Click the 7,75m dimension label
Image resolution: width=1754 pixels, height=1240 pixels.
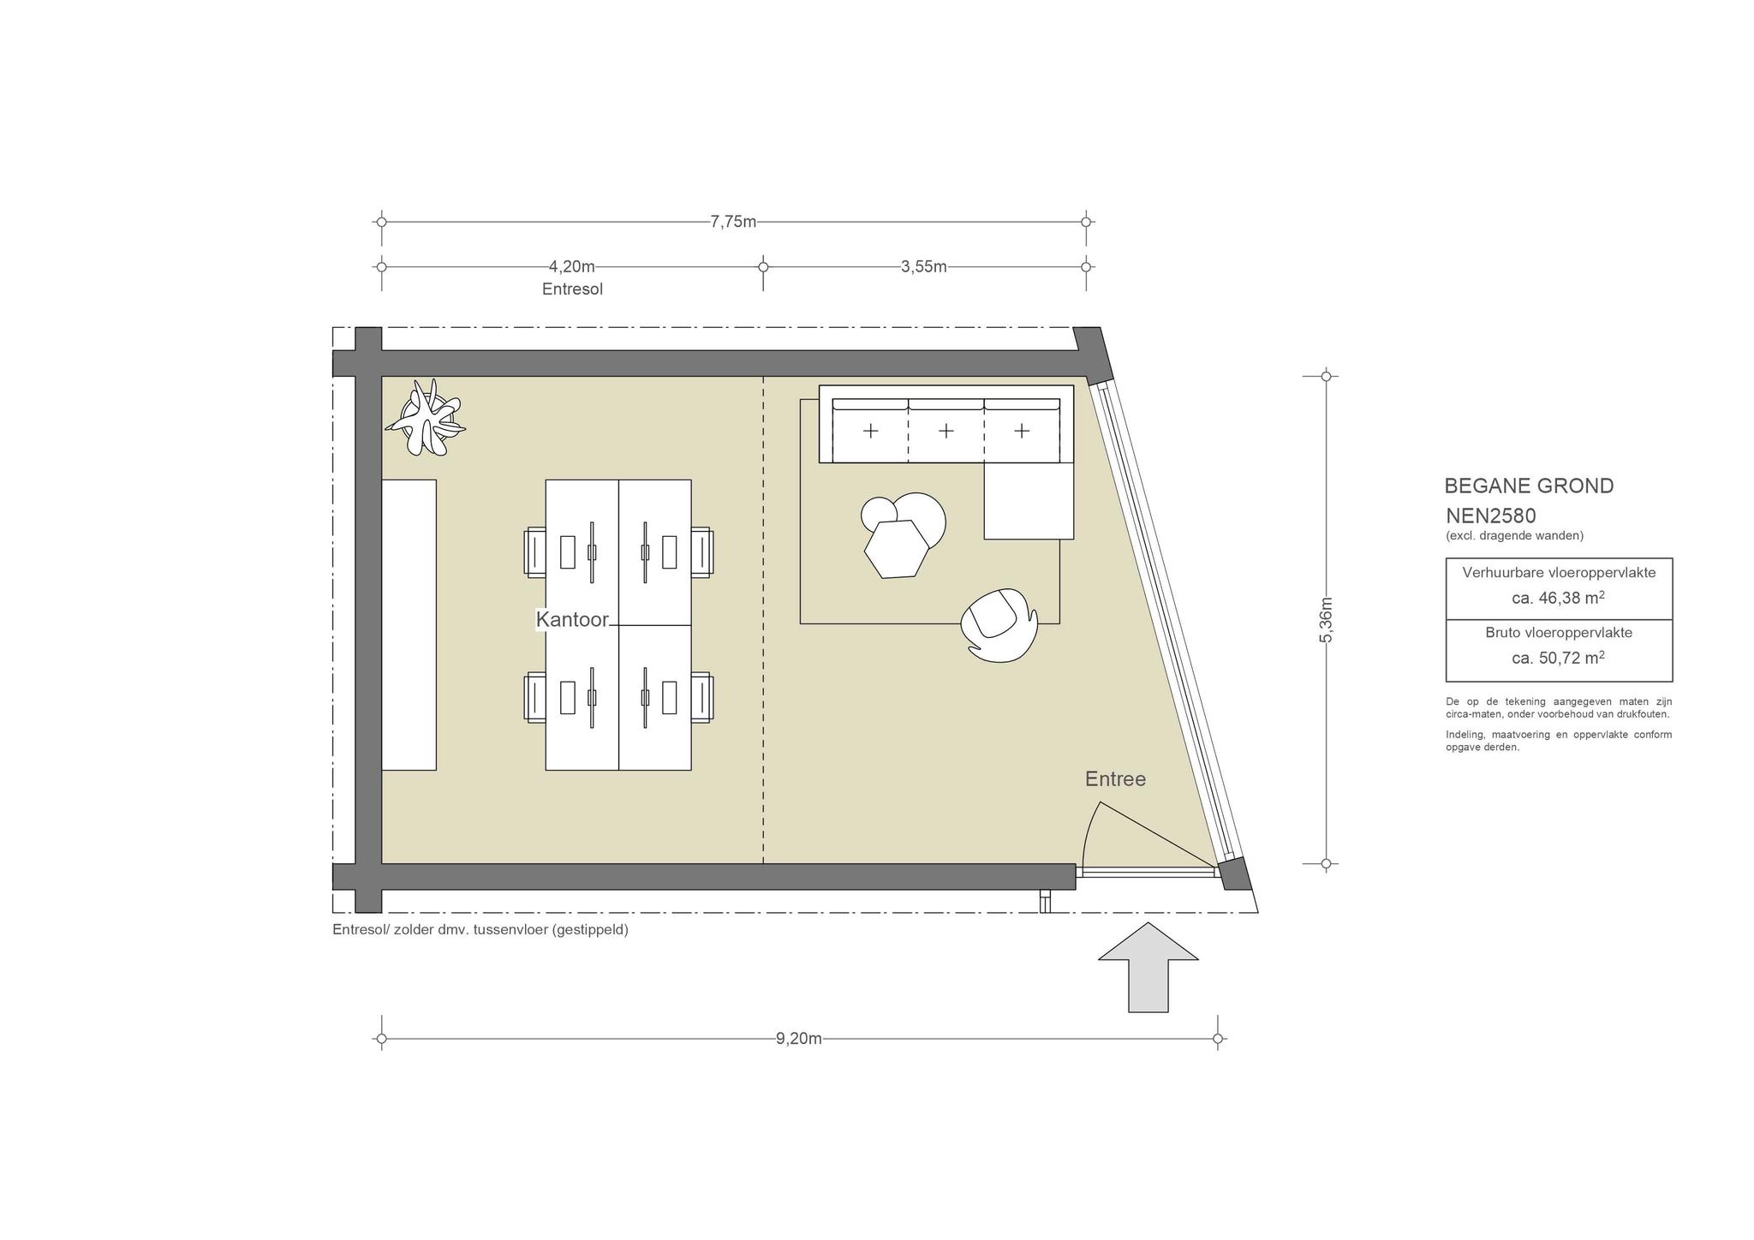[x=733, y=222]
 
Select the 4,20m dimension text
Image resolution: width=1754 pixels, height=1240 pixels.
[x=572, y=267]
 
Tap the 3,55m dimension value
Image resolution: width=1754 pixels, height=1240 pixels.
[x=924, y=267]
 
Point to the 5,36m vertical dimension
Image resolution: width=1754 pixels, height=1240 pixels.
[x=1326, y=619]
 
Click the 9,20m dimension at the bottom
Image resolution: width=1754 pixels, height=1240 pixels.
[x=799, y=1039]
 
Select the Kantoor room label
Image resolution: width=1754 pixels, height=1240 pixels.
[x=572, y=619]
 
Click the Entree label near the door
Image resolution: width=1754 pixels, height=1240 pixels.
[x=1115, y=779]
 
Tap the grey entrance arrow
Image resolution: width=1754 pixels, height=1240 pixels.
[x=1148, y=967]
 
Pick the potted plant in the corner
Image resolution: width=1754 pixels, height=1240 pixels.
[x=425, y=419]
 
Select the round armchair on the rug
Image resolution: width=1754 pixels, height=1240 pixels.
[x=999, y=626]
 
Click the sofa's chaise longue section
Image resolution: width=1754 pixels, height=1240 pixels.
[x=1029, y=501]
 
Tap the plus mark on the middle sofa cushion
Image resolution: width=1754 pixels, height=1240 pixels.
[x=946, y=431]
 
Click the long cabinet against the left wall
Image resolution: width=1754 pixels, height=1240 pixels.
[x=409, y=624]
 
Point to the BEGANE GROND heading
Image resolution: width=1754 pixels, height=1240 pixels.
[x=1529, y=486]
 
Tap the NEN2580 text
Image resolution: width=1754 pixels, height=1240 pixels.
[x=1491, y=516]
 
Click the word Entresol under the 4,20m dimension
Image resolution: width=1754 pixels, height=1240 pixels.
[x=572, y=289]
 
